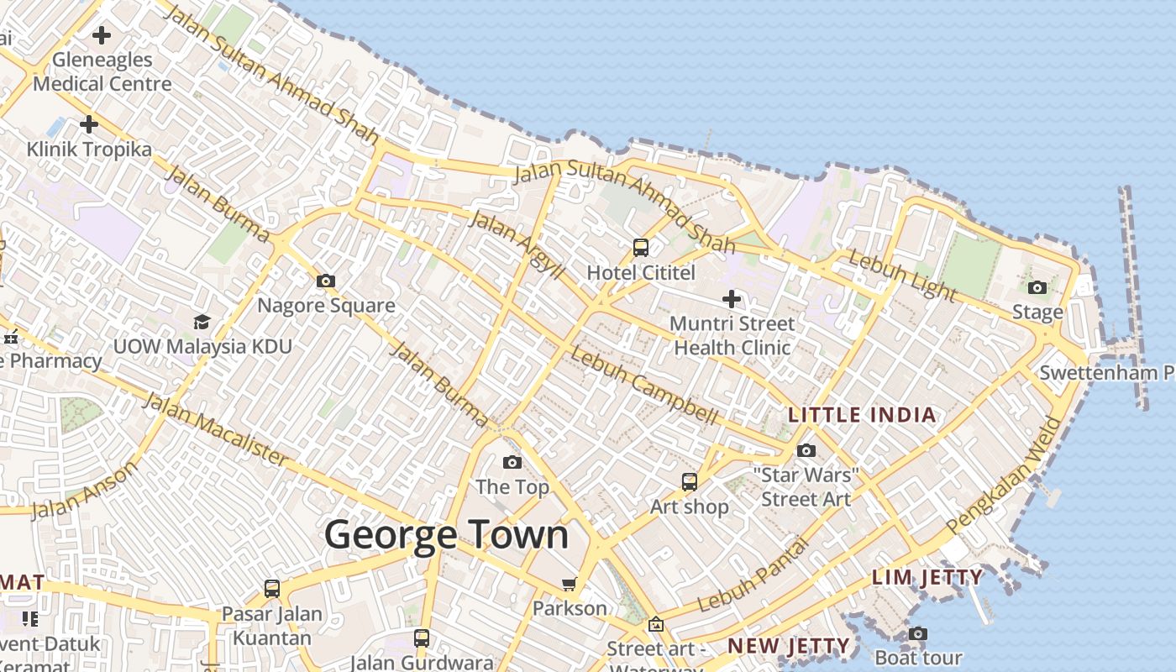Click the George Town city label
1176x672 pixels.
point(446,535)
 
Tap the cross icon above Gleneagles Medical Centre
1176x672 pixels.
point(102,35)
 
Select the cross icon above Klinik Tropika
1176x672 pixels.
point(89,124)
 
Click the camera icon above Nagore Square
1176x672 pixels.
point(326,281)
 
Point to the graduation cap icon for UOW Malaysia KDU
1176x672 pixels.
point(202,322)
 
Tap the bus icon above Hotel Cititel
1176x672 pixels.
point(641,248)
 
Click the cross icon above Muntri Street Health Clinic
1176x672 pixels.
point(732,298)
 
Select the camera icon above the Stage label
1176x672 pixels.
point(1037,288)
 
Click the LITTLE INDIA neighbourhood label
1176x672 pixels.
point(862,415)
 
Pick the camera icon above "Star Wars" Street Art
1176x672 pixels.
point(806,451)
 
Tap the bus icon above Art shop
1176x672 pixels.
point(690,482)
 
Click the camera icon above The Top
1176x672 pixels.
point(512,462)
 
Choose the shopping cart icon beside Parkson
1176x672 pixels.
point(570,584)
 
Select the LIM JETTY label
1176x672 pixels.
point(927,577)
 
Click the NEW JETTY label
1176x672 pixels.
point(789,646)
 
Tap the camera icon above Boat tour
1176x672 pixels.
point(918,633)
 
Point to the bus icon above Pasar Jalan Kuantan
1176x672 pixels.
point(272,589)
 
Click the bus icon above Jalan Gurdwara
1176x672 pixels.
point(422,638)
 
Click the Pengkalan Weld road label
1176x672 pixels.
point(1004,474)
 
